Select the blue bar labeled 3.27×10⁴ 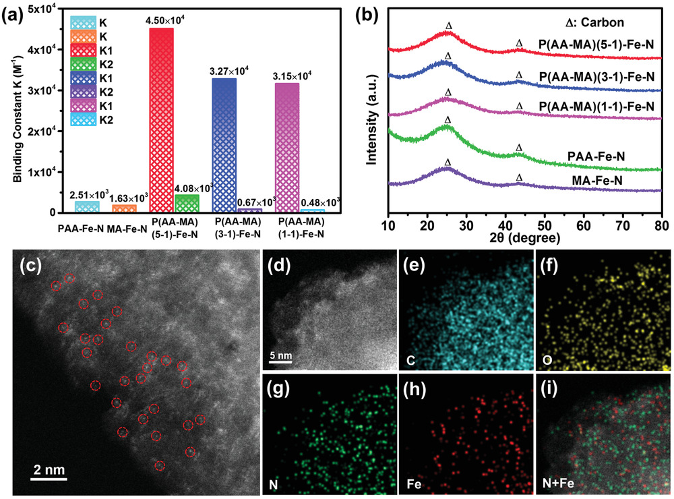coord(224,145)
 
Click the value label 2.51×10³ coord(88,195)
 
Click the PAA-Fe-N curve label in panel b coord(596,156)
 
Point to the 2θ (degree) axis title coord(525,237)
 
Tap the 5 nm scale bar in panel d coord(280,361)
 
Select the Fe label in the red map coord(415,484)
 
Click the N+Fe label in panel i coord(559,484)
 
